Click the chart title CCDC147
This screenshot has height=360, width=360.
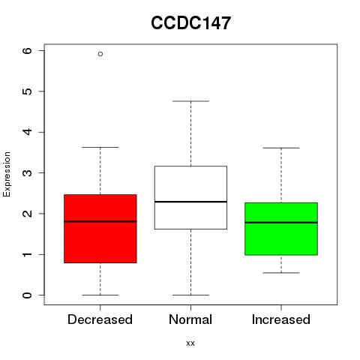(x=190, y=23)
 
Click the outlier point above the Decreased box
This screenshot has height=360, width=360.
(x=100, y=54)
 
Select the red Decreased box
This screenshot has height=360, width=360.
(x=100, y=229)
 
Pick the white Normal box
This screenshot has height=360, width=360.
(x=190, y=197)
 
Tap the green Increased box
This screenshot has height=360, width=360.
(x=281, y=229)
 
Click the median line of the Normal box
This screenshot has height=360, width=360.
(x=190, y=202)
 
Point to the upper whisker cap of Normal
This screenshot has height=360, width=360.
(x=190, y=101)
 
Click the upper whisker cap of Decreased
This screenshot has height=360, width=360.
(x=100, y=147)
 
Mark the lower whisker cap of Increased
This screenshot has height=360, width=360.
(x=281, y=273)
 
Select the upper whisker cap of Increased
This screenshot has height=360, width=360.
(x=281, y=148)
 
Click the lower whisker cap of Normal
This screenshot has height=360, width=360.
(x=190, y=295)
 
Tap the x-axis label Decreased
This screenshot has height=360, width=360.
(x=100, y=319)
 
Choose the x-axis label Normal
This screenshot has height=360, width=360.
(x=190, y=319)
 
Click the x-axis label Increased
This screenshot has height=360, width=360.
(x=281, y=319)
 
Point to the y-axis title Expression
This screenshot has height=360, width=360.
(x=7, y=174)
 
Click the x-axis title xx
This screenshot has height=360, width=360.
(x=190, y=343)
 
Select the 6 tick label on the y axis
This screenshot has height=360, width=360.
(x=27, y=51)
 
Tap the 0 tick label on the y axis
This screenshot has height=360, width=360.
(x=27, y=295)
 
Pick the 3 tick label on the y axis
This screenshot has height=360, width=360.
(x=27, y=173)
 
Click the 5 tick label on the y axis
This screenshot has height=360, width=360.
(x=27, y=91)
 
